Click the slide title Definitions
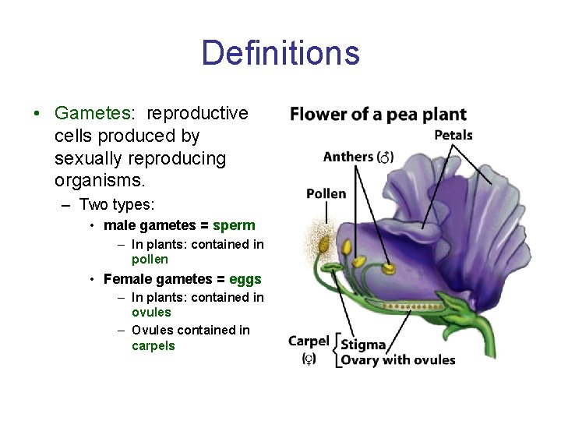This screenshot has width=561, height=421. tap(280, 54)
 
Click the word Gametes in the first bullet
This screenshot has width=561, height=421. tap(92, 113)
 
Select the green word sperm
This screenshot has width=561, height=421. tap(234, 225)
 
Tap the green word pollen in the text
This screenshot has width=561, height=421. tap(150, 259)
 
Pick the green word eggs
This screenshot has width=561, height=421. tap(245, 279)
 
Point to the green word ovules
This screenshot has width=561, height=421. tap(151, 312)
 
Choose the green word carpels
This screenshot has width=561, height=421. tap(153, 345)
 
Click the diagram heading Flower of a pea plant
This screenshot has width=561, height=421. tap(378, 115)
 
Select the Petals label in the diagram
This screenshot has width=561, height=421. tap(453, 135)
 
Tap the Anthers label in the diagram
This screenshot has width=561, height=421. tap(348, 157)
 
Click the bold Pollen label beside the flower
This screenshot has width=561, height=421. tap(326, 193)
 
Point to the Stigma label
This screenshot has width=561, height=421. tap(363, 345)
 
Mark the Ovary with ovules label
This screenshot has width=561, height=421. tap(398, 359)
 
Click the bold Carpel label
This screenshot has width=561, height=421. tap(309, 341)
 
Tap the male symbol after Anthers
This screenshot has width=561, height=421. tap(386, 157)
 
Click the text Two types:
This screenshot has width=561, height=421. tap(117, 204)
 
